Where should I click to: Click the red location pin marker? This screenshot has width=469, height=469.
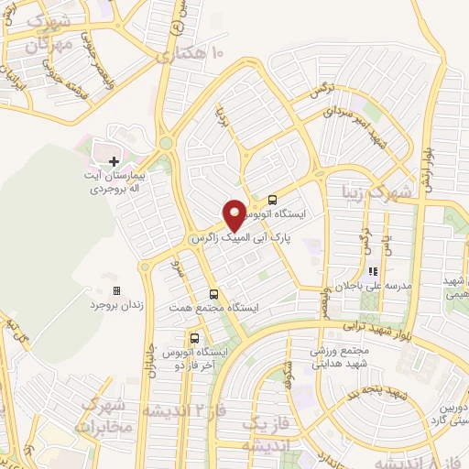click(x=234, y=215)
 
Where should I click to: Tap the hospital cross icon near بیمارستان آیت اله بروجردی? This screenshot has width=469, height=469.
click(x=114, y=161)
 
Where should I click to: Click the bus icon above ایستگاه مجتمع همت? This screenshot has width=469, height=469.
click(x=213, y=294)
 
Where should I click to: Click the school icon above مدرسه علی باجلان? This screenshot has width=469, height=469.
click(x=373, y=272)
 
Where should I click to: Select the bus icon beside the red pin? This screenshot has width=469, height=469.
click(x=272, y=199)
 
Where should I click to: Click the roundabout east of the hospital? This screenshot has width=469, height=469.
click(x=166, y=143)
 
